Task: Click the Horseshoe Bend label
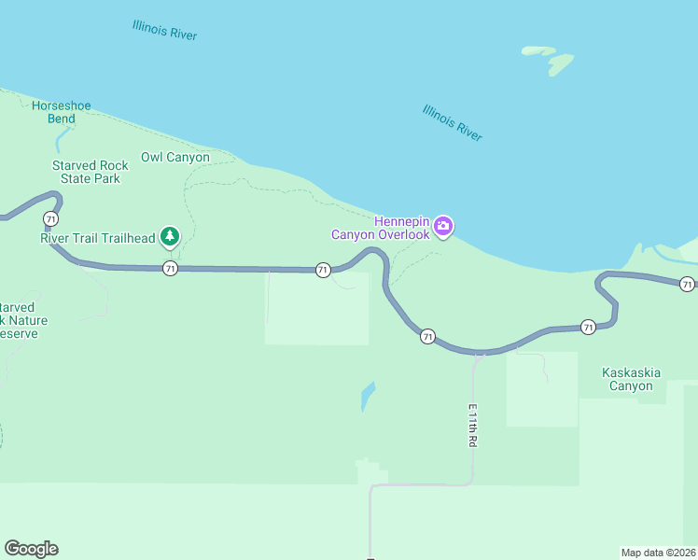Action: pos(62,112)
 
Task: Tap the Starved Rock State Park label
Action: pos(90,172)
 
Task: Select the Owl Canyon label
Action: pos(175,157)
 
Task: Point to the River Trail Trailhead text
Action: pos(97,238)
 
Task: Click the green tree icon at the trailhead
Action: pos(169,236)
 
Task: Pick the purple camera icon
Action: pos(444,226)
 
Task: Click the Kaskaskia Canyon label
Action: pos(632,379)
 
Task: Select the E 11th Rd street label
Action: pos(472,426)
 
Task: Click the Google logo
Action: pos(31,548)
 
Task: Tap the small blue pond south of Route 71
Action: pos(368,396)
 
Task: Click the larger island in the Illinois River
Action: pos(560,63)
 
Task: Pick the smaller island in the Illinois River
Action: pos(537,49)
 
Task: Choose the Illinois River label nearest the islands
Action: pos(453,122)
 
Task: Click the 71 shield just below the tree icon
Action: pos(169,269)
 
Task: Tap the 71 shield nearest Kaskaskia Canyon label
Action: pos(588,327)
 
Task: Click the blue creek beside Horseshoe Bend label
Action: pos(62,140)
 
